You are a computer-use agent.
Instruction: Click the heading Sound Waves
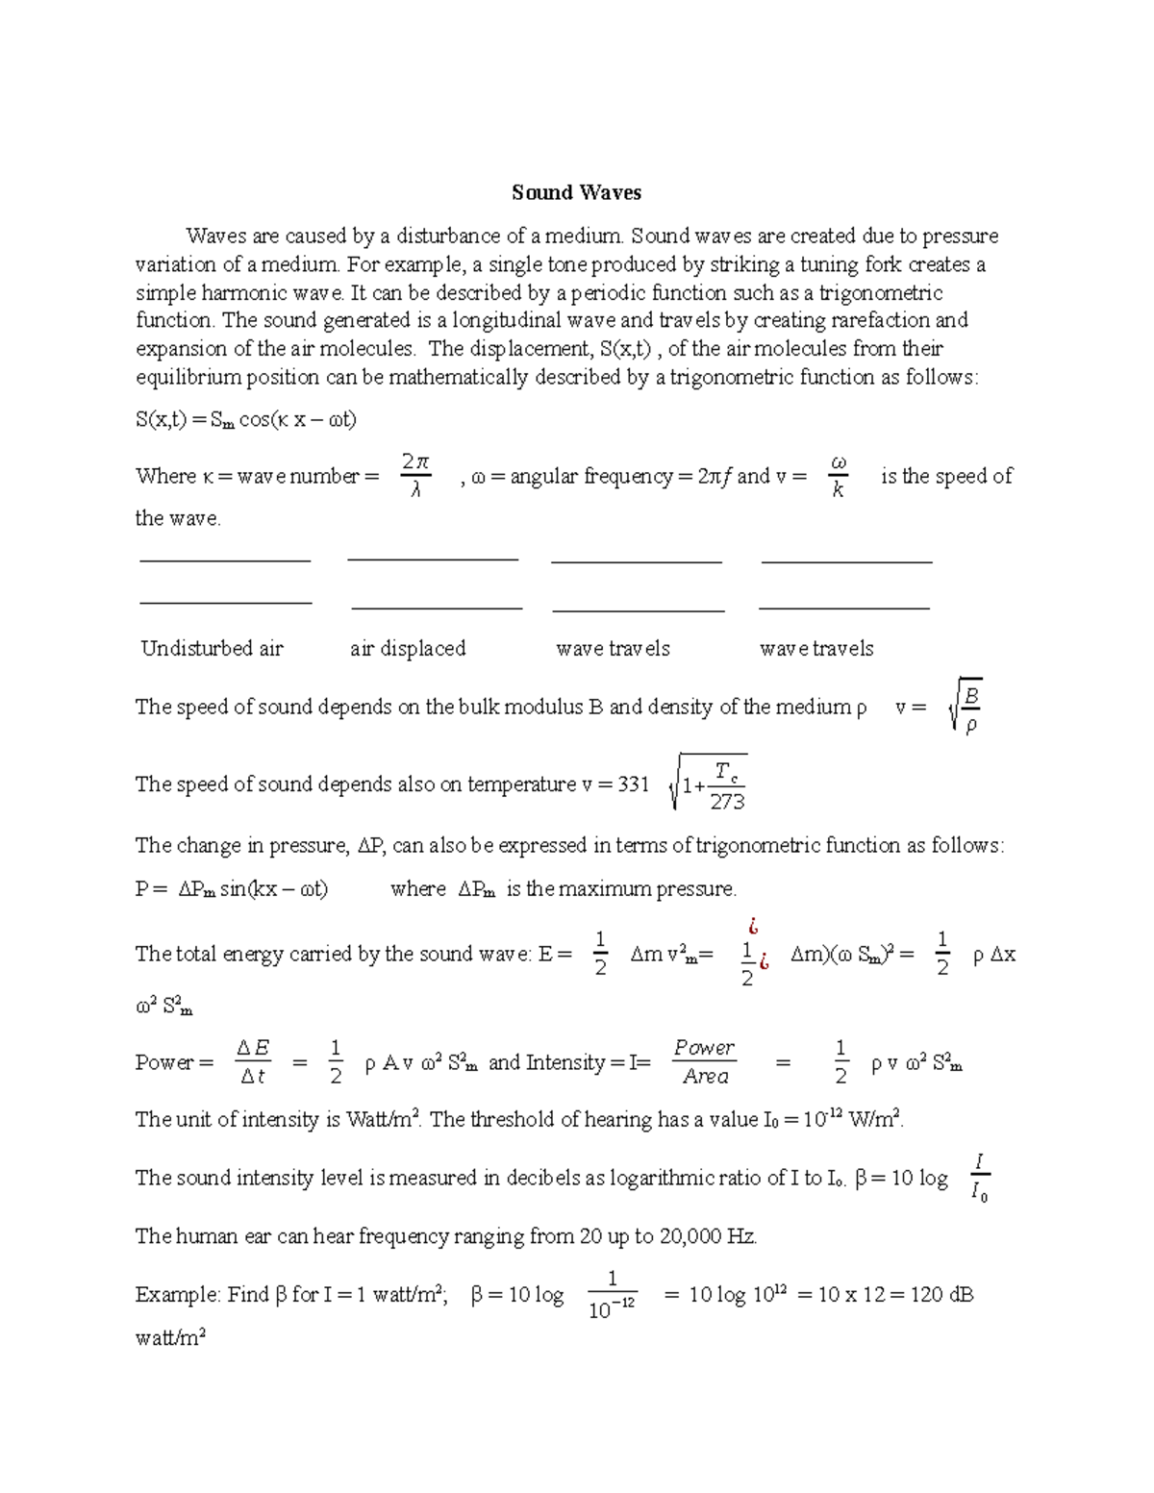point(576,193)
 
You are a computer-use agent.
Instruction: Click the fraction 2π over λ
point(415,476)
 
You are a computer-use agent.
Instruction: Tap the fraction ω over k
point(838,476)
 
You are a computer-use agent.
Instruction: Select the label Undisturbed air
point(212,649)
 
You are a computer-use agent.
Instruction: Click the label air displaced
point(408,649)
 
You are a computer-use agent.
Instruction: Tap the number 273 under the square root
point(727,802)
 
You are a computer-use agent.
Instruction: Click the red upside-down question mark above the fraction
point(754,927)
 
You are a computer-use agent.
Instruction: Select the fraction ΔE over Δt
point(253,1062)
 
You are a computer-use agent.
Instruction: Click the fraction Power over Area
point(705,1062)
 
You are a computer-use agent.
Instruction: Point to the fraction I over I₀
point(978,1179)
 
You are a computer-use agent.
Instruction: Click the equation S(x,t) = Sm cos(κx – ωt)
point(246,420)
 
